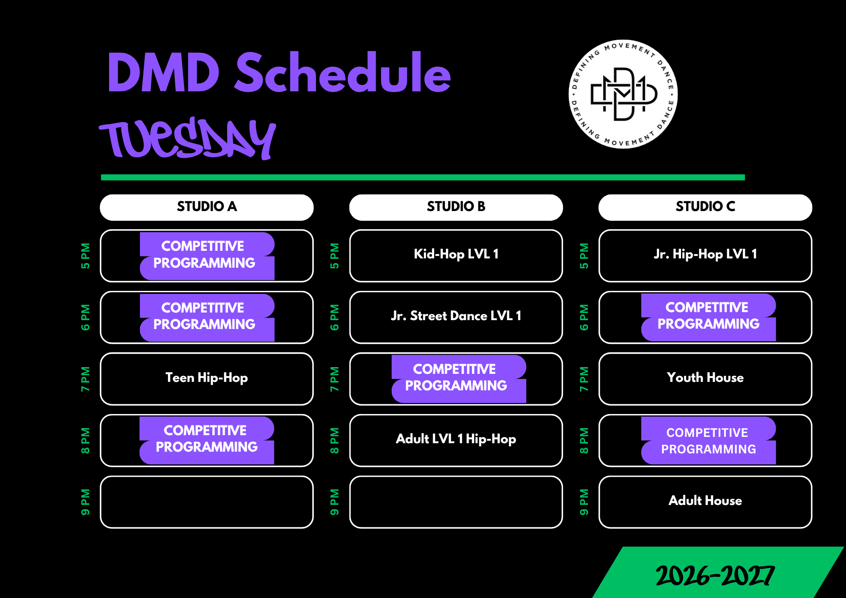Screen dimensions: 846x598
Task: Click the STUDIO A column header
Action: coord(207,207)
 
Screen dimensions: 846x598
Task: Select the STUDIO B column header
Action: coord(456,207)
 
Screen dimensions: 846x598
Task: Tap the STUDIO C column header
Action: coord(705,207)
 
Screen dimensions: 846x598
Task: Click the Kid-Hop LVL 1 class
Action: coord(456,254)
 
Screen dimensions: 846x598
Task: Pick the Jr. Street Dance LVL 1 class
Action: coord(456,316)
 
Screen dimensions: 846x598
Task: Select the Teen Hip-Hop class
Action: coord(207,378)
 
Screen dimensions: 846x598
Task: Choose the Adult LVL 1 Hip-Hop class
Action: coord(456,439)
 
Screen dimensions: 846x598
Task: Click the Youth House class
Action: coord(705,377)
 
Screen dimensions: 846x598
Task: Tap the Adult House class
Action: coord(705,501)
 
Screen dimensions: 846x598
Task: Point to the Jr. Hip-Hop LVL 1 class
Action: coord(705,254)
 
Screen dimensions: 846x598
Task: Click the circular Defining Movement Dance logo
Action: coord(623,94)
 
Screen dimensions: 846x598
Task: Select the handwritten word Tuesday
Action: coord(188,138)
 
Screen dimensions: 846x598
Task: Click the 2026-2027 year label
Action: coord(715,576)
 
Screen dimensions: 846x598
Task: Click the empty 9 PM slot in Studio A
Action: coord(207,502)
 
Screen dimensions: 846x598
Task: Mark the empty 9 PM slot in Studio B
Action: coord(456,502)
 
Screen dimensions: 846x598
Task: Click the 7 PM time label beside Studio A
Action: coord(85,379)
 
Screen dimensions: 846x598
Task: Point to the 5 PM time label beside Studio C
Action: coord(584,256)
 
